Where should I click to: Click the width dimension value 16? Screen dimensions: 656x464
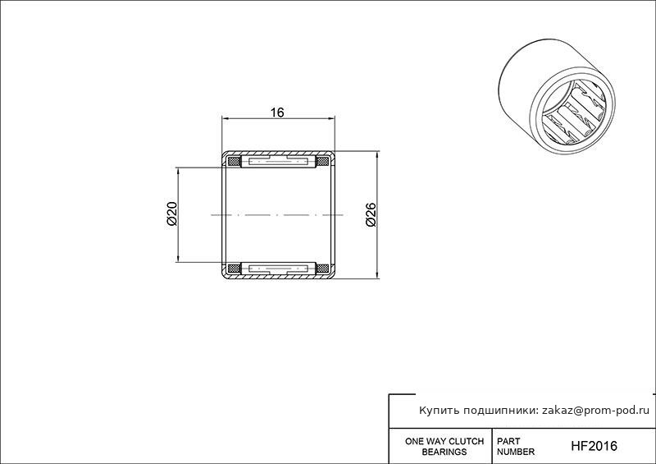coord(277,113)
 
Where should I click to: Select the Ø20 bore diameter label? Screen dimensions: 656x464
coord(172,214)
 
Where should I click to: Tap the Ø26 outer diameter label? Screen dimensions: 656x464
coord(371,214)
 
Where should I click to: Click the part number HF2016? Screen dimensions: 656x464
coord(594,446)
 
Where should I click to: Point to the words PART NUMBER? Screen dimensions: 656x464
coord(516,447)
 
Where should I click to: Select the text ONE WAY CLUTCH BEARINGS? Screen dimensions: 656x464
coord(444,447)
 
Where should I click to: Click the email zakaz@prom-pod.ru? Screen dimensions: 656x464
coord(596,411)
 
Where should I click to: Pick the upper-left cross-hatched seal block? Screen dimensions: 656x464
coord(234,161)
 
